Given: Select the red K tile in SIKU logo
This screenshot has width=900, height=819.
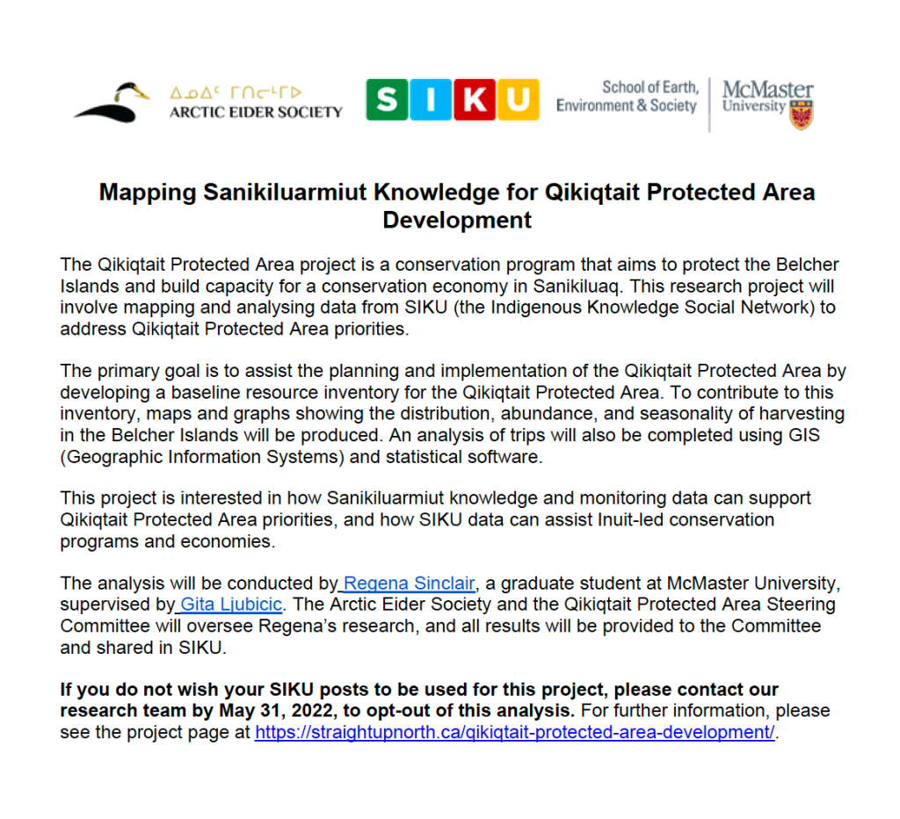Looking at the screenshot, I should [474, 100].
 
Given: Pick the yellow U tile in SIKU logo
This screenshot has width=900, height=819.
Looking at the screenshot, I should [518, 100].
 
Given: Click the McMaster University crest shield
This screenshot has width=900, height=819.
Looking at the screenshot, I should [801, 115].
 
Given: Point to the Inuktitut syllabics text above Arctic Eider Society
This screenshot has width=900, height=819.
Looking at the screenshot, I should [236, 92].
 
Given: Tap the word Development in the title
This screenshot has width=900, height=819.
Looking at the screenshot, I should [457, 220].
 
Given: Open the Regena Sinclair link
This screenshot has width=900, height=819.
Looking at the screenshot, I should [410, 583].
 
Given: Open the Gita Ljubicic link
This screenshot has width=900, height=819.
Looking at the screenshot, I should [231, 605].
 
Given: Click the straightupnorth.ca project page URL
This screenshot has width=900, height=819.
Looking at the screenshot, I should [515, 733].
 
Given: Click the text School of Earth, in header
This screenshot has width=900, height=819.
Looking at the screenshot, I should [650, 87].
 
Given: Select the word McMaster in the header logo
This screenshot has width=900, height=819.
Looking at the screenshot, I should [767, 91].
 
